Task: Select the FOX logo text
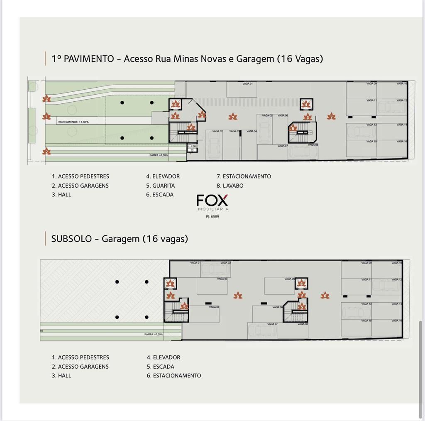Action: (212, 201)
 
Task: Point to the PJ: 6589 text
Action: (212, 216)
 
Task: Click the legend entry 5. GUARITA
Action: (160, 186)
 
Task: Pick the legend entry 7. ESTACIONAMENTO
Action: (244, 176)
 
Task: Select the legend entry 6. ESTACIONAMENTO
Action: (173, 375)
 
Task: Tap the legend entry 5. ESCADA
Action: (160, 367)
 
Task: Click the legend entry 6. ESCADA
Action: (160, 194)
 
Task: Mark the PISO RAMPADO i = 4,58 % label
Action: (73, 122)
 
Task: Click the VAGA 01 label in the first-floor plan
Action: (247, 84)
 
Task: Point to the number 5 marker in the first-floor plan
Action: (202, 115)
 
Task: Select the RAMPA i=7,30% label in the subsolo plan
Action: (154, 334)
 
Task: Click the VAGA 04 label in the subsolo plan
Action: (214, 307)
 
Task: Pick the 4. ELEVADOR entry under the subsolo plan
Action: (163, 357)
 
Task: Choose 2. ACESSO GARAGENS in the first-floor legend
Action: (80, 186)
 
